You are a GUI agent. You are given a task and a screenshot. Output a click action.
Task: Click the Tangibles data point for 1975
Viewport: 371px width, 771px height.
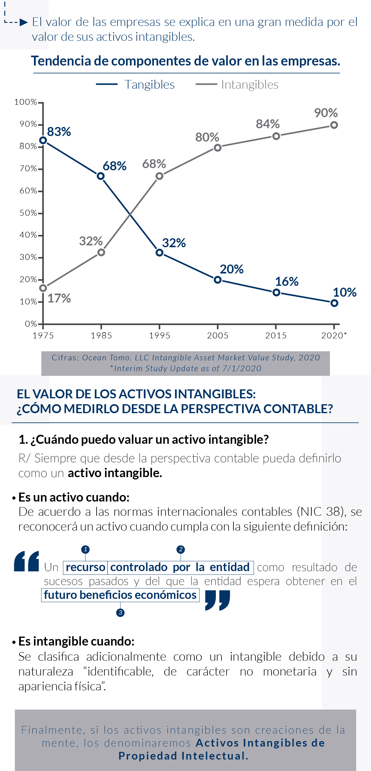pos(43,140)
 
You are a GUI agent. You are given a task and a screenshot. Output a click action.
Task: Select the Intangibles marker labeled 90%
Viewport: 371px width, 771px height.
pos(334,125)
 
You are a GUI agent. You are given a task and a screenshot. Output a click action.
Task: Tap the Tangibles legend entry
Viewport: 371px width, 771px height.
pos(136,85)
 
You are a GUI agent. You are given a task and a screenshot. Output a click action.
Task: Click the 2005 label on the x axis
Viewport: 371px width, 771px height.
pos(217,336)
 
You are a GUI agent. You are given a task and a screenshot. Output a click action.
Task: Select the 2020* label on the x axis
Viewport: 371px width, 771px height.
pos(334,336)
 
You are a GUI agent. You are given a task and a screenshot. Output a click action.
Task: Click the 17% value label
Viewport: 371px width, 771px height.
pos(59,299)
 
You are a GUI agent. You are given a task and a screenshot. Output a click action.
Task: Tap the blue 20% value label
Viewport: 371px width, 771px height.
pos(232,269)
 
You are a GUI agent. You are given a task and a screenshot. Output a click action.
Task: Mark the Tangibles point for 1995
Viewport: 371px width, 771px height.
pos(159,253)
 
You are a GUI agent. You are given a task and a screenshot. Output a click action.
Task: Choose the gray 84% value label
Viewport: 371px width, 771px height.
pos(268,124)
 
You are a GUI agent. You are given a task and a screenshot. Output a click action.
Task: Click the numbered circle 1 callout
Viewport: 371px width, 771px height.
pos(85,549)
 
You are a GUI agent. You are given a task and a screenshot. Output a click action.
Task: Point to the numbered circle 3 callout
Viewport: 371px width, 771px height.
pos(120,612)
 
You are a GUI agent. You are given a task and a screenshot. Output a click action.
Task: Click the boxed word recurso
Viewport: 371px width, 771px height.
pos(86,567)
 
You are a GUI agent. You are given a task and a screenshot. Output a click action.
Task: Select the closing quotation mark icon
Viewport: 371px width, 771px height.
pos(217,600)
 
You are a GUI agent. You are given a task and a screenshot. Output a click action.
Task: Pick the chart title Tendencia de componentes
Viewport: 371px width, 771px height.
pos(185,61)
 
